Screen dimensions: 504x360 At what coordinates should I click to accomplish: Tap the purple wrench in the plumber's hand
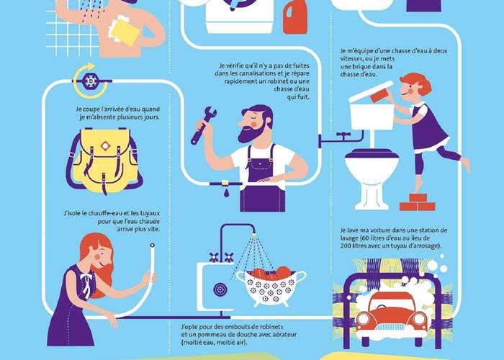pyautogui.click(x=203, y=125)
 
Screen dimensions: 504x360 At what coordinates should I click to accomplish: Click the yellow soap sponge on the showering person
pyautogui.click(x=125, y=30)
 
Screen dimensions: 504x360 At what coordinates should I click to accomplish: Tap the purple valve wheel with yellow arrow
pyautogui.click(x=90, y=81)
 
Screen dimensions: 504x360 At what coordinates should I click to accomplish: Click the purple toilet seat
pyautogui.click(x=372, y=153)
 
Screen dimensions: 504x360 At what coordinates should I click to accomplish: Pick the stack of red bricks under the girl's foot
pyautogui.click(x=417, y=202)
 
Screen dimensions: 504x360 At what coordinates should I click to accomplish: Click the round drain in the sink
pyautogui.click(x=220, y=289)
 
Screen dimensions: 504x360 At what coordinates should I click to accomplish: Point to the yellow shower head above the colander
pyautogui.click(x=254, y=234)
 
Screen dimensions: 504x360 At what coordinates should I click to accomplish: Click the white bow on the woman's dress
pyautogui.click(x=86, y=283)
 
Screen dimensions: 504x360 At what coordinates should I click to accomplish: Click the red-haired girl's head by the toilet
pyautogui.click(x=415, y=85)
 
